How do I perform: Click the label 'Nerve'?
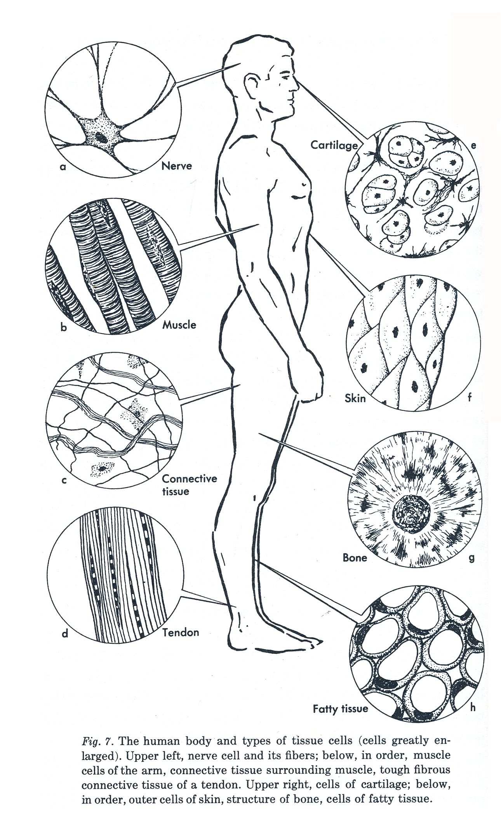click(x=177, y=166)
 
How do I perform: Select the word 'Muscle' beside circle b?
click(x=179, y=325)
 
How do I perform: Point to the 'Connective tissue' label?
click(x=189, y=485)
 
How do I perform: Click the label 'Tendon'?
click(x=181, y=632)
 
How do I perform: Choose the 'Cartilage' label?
click(x=334, y=145)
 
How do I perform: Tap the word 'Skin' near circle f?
click(x=355, y=398)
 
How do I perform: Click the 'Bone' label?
click(x=355, y=558)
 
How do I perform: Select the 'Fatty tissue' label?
click(x=340, y=709)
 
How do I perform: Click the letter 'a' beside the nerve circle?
click(x=63, y=168)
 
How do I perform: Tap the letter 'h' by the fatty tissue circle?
click(x=473, y=707)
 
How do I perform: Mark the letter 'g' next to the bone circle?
click(x=472, y=558)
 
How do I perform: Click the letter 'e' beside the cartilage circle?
click(x=473, y=146)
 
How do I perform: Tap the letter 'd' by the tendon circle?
click(x=65, y=634)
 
